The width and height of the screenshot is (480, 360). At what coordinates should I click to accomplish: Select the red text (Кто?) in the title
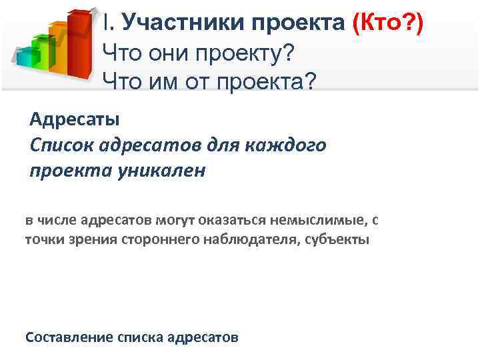pos(387,22)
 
